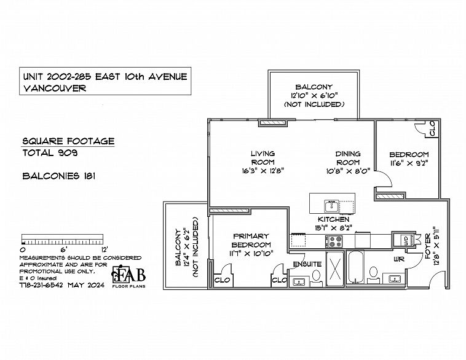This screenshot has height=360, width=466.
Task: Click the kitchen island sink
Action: pos(331,206)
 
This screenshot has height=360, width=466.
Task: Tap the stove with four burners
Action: pos(334,241)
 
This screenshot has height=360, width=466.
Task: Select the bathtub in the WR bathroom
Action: pos(355,267)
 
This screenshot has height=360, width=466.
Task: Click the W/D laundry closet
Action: pos(405,240)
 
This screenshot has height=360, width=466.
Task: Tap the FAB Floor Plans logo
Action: pos(128,276)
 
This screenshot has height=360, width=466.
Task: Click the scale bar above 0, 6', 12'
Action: pos(63,239)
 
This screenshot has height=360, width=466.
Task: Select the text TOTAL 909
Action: pos(50,153)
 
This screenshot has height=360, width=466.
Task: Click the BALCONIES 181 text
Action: pos(59,176)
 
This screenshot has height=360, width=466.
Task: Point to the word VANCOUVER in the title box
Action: pos(55,88)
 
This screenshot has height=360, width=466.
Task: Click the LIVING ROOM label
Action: pos(263,158)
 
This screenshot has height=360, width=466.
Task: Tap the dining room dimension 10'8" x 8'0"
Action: pos(348,171)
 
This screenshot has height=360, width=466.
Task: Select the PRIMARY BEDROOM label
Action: pos(251,240)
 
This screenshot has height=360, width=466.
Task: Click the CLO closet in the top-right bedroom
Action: pos(432,128)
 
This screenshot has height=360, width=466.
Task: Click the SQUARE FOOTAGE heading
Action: pos(68,141)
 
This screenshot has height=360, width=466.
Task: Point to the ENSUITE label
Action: pos(307,264)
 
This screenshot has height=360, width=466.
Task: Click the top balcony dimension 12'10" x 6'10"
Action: pos(314,96)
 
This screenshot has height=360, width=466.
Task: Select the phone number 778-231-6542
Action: pos(41,285)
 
